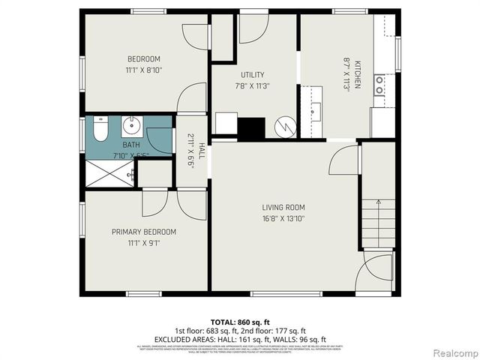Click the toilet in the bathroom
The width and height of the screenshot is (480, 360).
[x=100, y=130]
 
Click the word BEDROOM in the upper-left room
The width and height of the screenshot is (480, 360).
[x=143, y=58]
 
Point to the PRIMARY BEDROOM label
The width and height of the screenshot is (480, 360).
[x=144, y=232]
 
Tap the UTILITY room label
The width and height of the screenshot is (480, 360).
[x=252, y=75]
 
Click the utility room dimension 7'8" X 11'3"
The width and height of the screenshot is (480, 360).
[x=252, y=85]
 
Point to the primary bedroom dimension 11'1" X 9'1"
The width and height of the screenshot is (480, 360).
[x=144, y=242]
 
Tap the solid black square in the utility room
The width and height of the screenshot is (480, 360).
[x=251, y=128]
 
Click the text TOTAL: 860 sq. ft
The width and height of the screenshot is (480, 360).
[x=240, y=320]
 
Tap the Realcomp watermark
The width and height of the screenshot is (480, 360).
[x=452, y=352]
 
